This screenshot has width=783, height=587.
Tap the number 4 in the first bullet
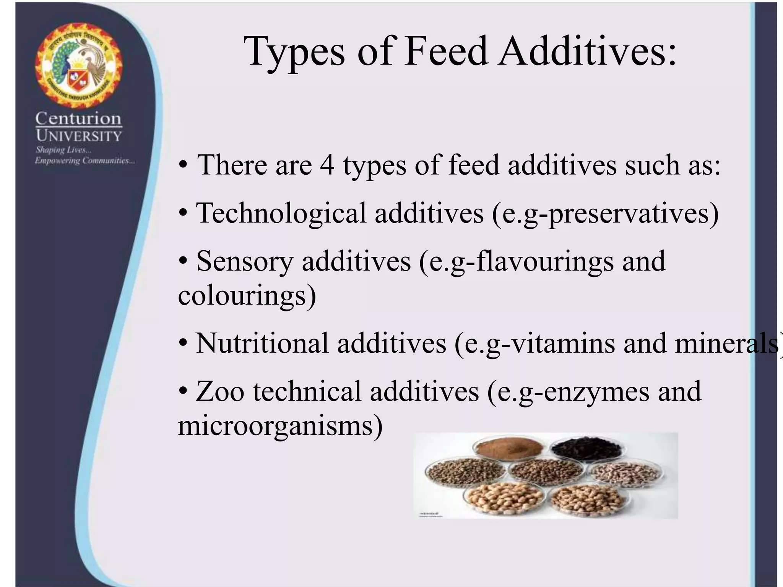(x=327, y=165)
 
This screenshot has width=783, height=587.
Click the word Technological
(x=281, y=213)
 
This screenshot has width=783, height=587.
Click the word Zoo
(x=220, y=391)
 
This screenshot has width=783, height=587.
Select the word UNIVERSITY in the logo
(x=79, y=136)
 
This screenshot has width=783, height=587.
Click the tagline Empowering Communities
(x=84, y=161)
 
